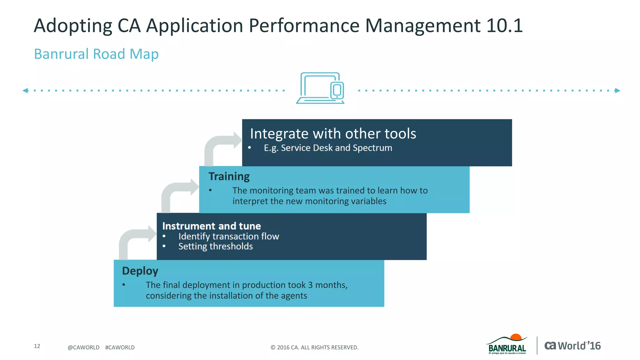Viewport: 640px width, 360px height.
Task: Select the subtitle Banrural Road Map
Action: (x=96, y=54)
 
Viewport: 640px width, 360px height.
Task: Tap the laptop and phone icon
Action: (x=320, y=88)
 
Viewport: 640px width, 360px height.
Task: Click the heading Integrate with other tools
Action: (x=333, y=134)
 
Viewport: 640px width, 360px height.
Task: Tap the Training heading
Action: (x=229, y=177)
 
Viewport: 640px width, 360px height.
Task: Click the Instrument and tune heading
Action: (x=212, y=226)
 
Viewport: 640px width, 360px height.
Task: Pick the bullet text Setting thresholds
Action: (x=216, y=247)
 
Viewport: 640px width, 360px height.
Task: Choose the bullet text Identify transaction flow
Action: (x=228, y=237)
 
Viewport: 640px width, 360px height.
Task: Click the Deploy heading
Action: (x=140, y=271)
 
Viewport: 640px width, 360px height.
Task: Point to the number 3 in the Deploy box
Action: (x=310, y=285)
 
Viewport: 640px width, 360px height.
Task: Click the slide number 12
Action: (x=37, y=346)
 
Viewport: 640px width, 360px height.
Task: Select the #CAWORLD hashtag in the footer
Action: (x=120, y=347)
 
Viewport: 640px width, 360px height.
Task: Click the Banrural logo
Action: (x=507, y=345)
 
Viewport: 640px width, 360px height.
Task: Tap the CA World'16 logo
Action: (x=572, y=346)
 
